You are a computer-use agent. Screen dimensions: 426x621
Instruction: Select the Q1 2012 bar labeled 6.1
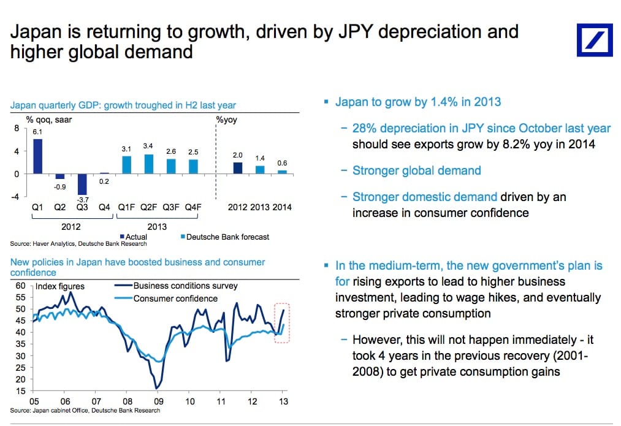pyautogui.click(x=38, y=156)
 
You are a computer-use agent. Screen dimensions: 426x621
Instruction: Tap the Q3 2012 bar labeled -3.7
pyautogui.click(x=82, y=184)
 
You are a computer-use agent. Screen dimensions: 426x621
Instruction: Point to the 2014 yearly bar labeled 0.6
pyautogui.click(x=282, y=172)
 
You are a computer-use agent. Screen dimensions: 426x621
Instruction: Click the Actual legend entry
pyautogui.click(x=136, y=237)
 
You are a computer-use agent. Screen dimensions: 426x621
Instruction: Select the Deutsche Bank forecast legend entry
pyautogui.click(x=224, y=237)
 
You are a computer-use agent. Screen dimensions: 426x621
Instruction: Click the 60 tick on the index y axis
pyautogui.click(x=20, y=286)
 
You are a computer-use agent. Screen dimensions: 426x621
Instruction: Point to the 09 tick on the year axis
pyautogui.click(x=159, y=401)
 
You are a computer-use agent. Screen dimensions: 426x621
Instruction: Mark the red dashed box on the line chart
pyautogui.click(x=283, y=322)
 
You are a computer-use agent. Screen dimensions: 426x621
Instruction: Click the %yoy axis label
pyautogui.click(x=227, y=120)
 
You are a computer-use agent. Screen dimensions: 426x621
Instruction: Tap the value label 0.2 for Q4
pyautogui.click(x=104, y=181)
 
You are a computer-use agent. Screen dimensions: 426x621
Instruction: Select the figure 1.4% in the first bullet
pyautogui.click(x=442, y=102)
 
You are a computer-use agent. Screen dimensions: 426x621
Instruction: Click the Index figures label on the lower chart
pyautogui.click(x=60, y=286)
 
